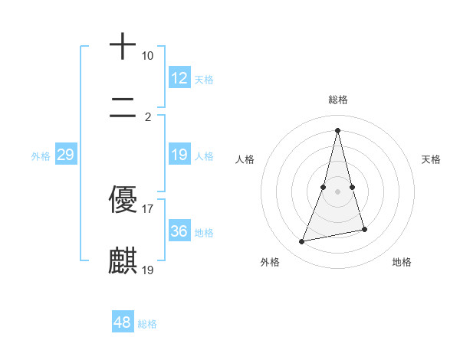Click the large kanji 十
pos(123,47)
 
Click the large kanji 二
pos(123,108)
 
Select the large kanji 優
pos(123,200)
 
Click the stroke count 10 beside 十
pos(147,56)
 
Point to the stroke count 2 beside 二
pos(147,117)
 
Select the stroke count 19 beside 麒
pos(148,270)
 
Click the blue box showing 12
pos(179,78)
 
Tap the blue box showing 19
pos(179,155)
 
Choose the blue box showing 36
pos(179,231)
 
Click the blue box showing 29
pos(65,155)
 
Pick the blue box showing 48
pos(122,322)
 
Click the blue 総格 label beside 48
pos(147,324)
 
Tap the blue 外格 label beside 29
pos(41,156)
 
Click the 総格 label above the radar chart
pos(338,100)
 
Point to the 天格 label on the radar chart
pos(431,159)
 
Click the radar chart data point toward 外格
pos(302,242)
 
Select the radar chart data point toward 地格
pos(364,230)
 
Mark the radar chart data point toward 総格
pos(338,129)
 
